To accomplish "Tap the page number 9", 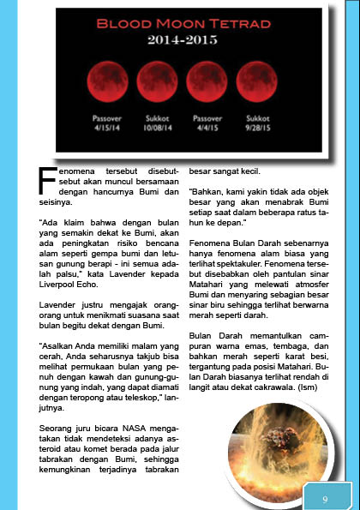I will (x=325, y=498).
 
